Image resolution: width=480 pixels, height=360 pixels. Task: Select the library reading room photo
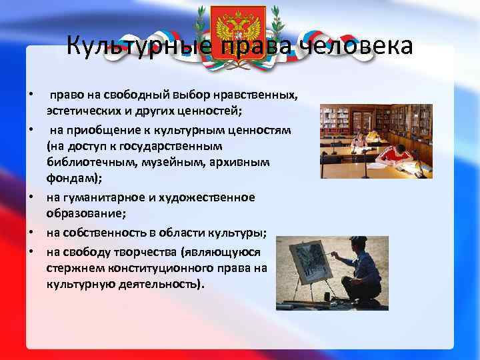click(x=376, y=141)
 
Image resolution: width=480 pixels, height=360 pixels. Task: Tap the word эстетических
click(x=81, y=109)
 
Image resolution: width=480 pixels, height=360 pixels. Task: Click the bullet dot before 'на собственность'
click(x=31, y=233)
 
